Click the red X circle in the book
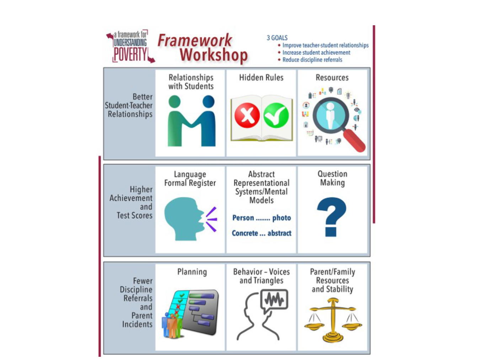click(x=247, y=115)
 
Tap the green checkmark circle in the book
click(x=276, y=115)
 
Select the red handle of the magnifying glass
click(x=354, y=141)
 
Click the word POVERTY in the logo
click(x=130, y=55)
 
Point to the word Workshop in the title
click(x=213, y=55)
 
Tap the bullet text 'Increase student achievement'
click(x=316, y=53)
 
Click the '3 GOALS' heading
click(x=277, y=38)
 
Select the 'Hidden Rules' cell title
click(x=261, y=78)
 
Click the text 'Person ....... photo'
click(x=261, y=218)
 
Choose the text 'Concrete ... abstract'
click(x=261, y=233)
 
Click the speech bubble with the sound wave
click(x=274, y=300)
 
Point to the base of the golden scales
click(x=332, y=336)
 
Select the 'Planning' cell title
click(x=192, y=272)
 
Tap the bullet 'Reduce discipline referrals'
click(x=312, y=60)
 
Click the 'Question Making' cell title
click(x=332, y=178)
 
